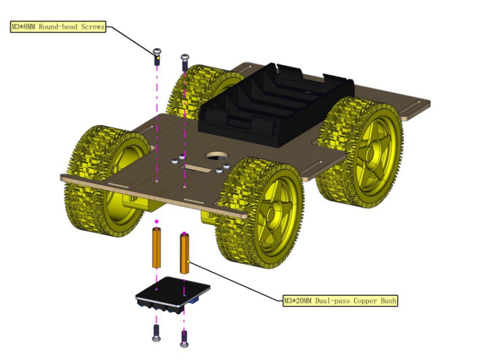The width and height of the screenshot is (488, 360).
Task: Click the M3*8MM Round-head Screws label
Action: [x=58, y=27]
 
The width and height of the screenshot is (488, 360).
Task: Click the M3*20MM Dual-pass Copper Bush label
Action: [x=340, y=301]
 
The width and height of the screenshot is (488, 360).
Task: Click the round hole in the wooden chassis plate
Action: [x=217, y=156]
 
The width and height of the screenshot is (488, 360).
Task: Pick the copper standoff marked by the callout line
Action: [x=184, y=253]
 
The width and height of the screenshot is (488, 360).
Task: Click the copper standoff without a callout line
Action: [x=156, y=248]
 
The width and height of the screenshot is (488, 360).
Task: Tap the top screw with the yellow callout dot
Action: [x=157, y=57]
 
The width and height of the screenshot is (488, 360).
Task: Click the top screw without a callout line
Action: [x=185, y=62]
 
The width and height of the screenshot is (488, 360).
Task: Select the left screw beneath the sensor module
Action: [x=156, y=333]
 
